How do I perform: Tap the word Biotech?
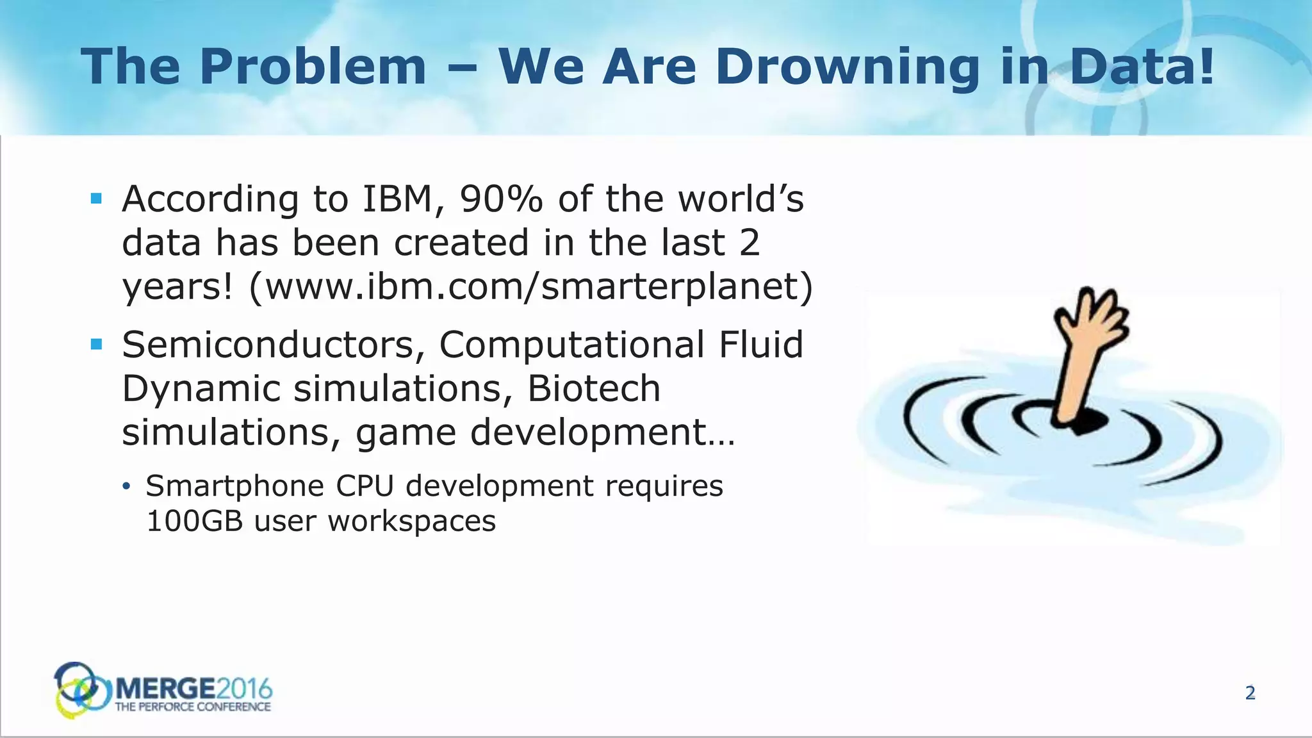point(594,389)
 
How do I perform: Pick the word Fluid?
point(761,345)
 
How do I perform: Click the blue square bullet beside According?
point(97,199)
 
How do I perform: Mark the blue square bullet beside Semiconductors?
point(97,345)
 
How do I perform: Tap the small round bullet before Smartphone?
point(127,487)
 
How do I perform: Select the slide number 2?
point(1250,693)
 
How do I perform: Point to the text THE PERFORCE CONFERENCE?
point(193,707)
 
